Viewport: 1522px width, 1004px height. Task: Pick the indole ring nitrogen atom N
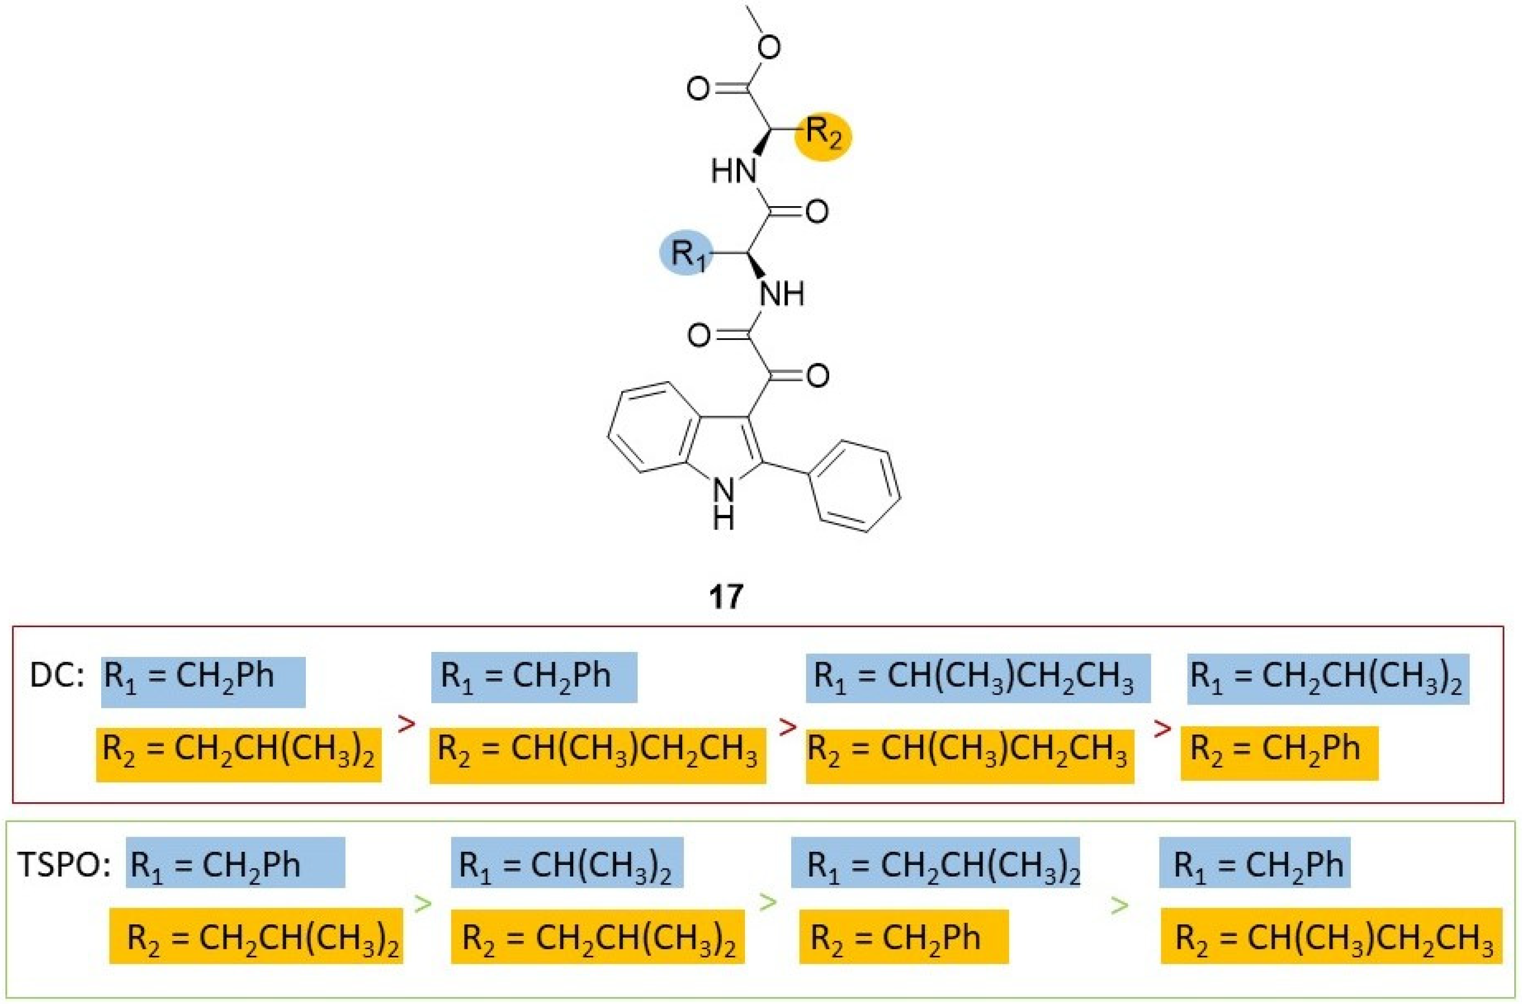tap(724, 492)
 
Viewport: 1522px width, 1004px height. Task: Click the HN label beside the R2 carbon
tap(734, 171)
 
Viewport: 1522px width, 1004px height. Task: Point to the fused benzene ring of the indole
tap(651, 429)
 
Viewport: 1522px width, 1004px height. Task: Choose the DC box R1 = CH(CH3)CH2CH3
tap(978, 677)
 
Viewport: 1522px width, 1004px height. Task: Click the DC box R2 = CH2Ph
tap(1279, 752)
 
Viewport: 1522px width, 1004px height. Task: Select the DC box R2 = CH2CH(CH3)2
tap(239, 754)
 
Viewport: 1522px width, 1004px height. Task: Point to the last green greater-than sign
tap(1118, 905)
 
